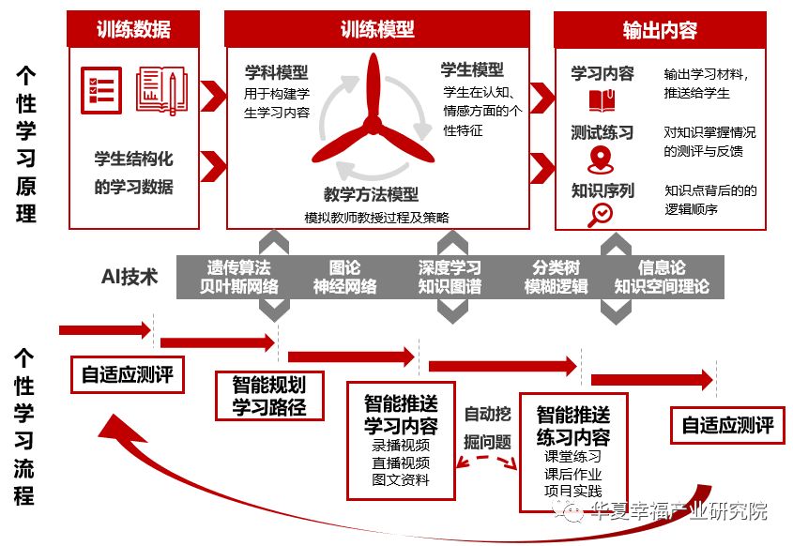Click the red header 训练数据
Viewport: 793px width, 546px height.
pos(133,29)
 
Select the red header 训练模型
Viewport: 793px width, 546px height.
pos(377,29)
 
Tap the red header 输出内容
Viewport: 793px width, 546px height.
pos(660,30)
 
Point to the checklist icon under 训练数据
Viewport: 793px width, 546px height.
pos(101,90)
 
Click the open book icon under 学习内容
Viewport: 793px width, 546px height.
pos(602,99)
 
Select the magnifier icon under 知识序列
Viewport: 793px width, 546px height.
pos(600,215)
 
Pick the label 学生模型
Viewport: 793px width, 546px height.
pos(472,69)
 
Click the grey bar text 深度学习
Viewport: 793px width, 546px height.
pos(450,267)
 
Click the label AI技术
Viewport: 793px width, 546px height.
pos(130,277)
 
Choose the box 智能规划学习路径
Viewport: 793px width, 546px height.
pos(268,395)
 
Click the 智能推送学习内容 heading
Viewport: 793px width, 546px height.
pos(401,415)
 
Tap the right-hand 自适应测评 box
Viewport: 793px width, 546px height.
pos(727,425)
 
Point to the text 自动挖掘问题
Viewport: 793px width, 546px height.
pos(488,426)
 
